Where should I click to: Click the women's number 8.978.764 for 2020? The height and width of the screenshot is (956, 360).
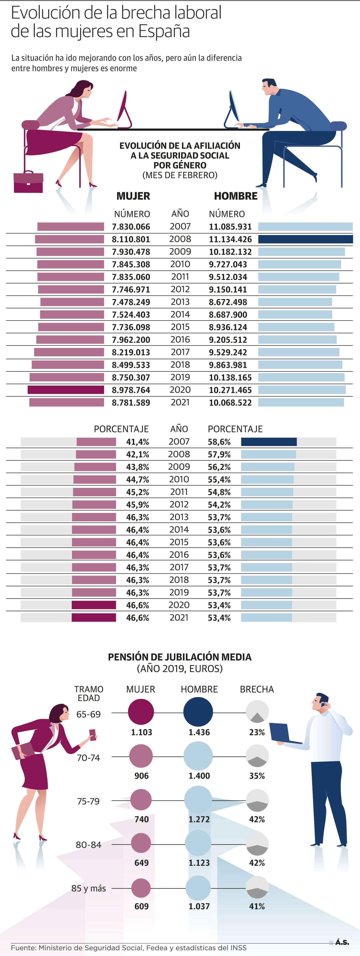131,390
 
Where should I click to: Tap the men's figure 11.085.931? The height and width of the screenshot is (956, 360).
230,227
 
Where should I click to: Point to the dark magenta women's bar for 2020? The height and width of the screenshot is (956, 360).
66,390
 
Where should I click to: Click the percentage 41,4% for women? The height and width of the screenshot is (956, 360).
137,442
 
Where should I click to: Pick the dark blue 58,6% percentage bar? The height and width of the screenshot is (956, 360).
269,442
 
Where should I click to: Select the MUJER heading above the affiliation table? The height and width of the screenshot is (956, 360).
133,196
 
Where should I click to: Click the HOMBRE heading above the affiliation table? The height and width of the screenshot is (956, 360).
236,196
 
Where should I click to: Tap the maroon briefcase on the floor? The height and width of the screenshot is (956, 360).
28,182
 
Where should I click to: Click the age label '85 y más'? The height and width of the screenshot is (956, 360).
89,888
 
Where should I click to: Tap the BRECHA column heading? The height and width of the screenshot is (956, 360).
257,689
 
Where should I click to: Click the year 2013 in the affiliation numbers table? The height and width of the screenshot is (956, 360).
180,302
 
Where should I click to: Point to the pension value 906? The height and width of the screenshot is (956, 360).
141,776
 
